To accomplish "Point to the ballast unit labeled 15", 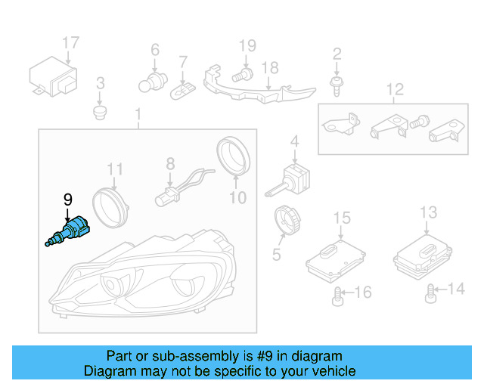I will [x=334, y=258].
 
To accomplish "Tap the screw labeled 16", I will [x=338, y=296].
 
